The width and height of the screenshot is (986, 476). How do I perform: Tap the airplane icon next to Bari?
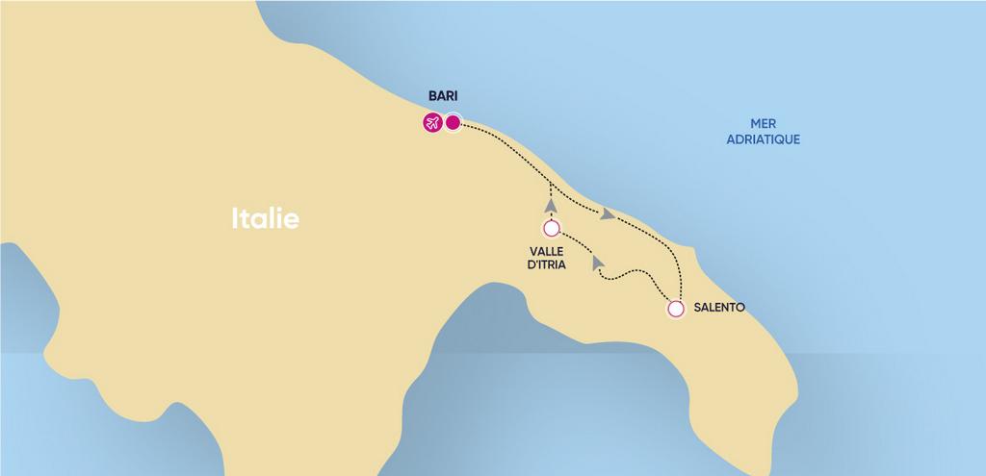(x=431, y=122)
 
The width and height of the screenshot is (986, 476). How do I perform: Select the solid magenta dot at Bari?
(x=453, y=122)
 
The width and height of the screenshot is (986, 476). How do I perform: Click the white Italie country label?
(x=265, y=218)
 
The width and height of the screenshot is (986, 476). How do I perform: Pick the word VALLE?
(x=547, y=251)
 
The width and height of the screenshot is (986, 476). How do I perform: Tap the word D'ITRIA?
(x=547, y=265)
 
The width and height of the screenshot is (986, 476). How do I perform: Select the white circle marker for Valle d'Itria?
(x=551, y=229)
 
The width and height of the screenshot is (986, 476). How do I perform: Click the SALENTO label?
(x=718, y=309)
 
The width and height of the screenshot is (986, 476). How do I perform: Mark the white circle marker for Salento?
(x=676, y=310)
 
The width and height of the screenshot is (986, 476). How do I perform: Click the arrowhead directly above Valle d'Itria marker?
(x=550, y=205)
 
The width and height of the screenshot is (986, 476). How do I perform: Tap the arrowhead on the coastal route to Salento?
(x=607, y=213)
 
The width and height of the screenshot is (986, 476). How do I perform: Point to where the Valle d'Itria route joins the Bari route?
(x=550, y=182)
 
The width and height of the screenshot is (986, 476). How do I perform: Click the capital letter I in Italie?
(x=235, y=218)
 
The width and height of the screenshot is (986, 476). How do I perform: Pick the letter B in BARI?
(x=432, y=97)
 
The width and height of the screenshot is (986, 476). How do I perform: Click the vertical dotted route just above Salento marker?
(x=680, y=284)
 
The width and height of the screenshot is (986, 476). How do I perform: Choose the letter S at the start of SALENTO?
(x=697, y=309)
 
